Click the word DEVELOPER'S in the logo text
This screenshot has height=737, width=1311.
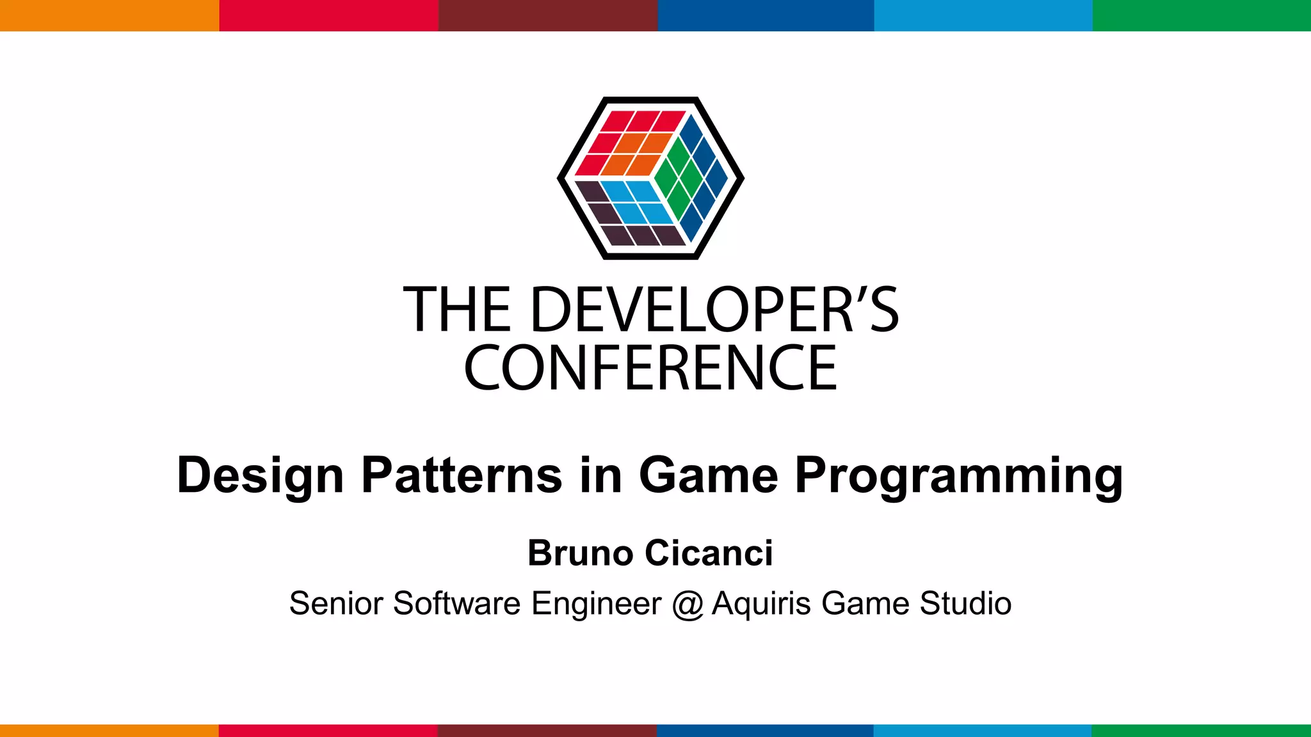(x=714, y=310)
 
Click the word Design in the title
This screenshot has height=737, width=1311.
(x=260, y=476)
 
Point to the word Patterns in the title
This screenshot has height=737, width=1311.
(x=462, y=475)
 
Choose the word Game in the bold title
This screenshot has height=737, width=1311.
(x=708, y=475)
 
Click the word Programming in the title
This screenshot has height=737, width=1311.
(x=958, y=476)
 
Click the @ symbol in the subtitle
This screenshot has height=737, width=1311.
(x=688, y=604)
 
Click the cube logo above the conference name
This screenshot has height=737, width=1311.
(x=650, y=178)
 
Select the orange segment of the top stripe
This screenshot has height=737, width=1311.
(x=109, y=15)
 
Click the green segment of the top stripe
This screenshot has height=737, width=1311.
(x=1202, y=15)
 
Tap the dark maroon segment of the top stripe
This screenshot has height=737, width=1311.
(x=548, y=15)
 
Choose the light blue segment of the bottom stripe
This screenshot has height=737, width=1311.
(x=983, y=731)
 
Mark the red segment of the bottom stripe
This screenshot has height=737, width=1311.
(x=328, y=731)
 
